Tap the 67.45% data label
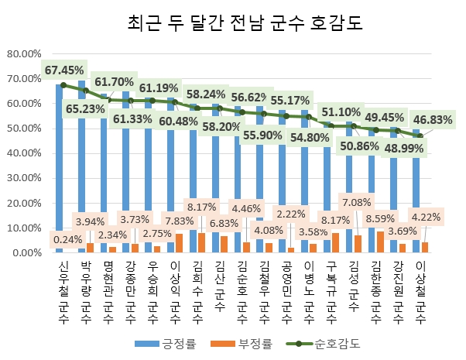click(64, 70)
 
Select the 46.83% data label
click(432, 119)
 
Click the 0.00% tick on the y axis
click(26, 253)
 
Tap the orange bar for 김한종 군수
click(380, 242)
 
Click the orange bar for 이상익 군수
click(179, 244)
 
